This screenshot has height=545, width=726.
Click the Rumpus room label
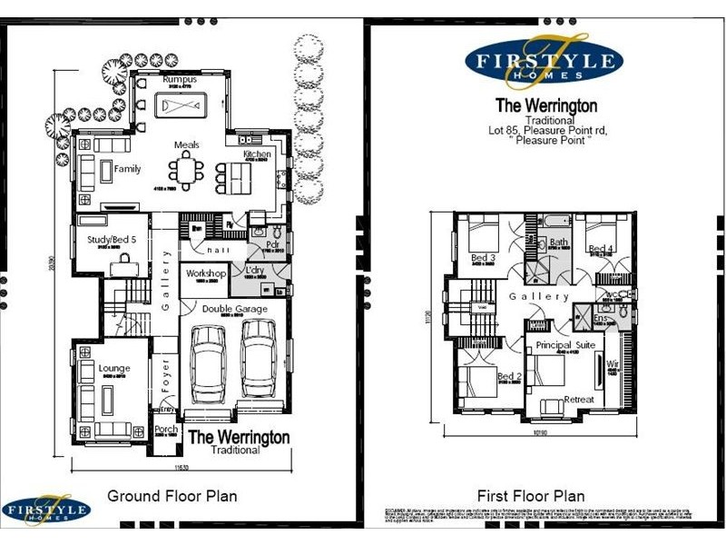[180, 80]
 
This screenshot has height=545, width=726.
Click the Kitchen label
[257, 154]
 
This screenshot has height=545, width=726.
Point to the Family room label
[127, 169]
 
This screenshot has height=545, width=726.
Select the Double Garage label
[234, 309]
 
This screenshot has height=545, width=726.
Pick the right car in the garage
[258, 359]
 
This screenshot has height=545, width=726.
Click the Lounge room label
[115, 368]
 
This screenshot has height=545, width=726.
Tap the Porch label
[166, 430]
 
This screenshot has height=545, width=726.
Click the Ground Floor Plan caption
[172, 496]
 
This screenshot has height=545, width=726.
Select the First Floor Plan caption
[531, 496]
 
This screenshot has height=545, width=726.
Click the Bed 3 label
[483, 259]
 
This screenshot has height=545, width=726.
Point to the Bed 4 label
[601, 249]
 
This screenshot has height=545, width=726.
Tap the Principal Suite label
[564, 346]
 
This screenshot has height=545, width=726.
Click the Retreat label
[579, 400]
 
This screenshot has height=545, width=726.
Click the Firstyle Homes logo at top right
[544, 62]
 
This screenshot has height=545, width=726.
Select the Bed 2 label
[508, 376]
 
